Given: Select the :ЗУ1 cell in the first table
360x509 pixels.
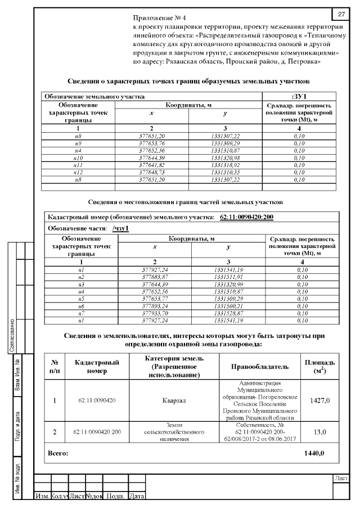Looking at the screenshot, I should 299,96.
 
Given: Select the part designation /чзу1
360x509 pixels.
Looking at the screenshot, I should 121,228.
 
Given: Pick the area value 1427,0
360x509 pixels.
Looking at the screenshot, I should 319,401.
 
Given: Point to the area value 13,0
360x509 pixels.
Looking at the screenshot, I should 319,432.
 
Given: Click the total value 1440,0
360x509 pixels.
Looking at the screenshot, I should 314,452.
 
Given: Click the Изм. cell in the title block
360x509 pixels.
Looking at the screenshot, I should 42,497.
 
